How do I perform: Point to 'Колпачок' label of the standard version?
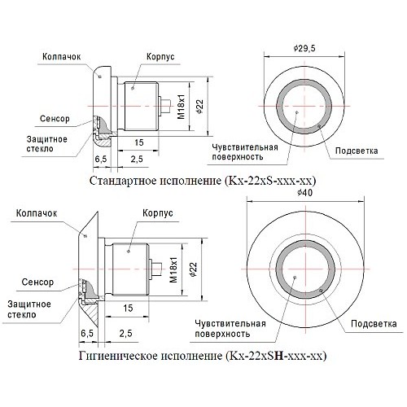59,57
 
